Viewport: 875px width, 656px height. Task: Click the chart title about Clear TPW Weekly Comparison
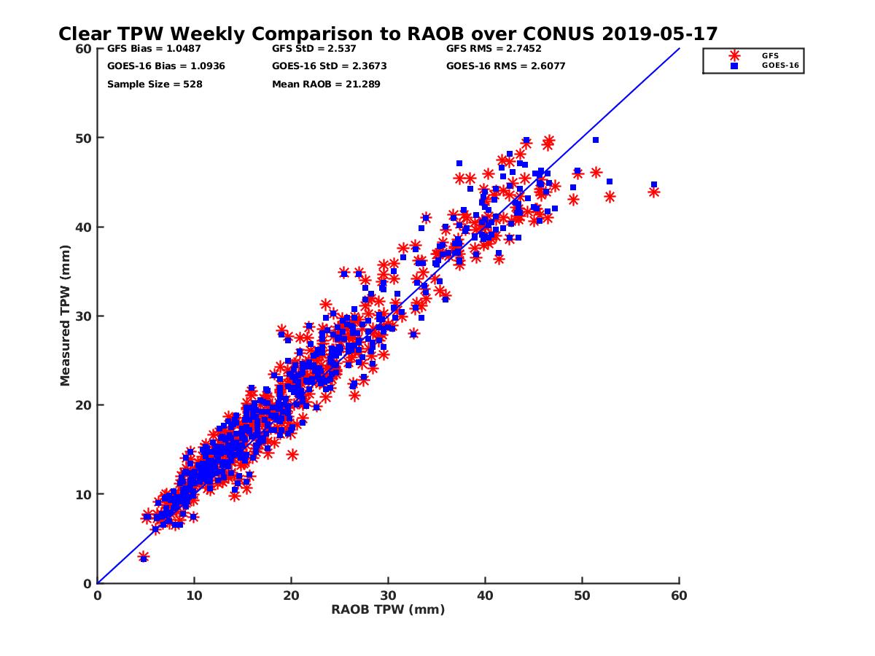point(388,34)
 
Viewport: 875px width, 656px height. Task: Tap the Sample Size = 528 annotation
point(155,85)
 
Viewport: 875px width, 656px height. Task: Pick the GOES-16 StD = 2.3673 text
point(329,66)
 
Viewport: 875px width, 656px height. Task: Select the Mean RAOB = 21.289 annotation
point(326,85)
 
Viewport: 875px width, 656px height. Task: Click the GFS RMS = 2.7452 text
point(494,49)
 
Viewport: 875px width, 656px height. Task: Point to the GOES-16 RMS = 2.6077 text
point(505,66)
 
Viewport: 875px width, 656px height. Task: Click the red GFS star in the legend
point(734,55)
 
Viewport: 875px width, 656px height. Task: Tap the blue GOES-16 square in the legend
point(734,66)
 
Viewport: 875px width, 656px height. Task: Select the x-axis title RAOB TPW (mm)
point(388,610)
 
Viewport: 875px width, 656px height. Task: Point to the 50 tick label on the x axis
point(583,596)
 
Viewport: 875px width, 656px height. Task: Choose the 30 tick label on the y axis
point(85,316)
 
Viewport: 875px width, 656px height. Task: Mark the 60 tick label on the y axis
point(85,49)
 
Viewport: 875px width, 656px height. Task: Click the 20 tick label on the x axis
point(291,596)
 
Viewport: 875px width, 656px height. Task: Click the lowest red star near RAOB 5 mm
point(144,557)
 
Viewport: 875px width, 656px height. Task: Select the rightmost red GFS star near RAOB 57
point(653,192)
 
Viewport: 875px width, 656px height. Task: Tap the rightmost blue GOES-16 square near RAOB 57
point(653,185)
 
